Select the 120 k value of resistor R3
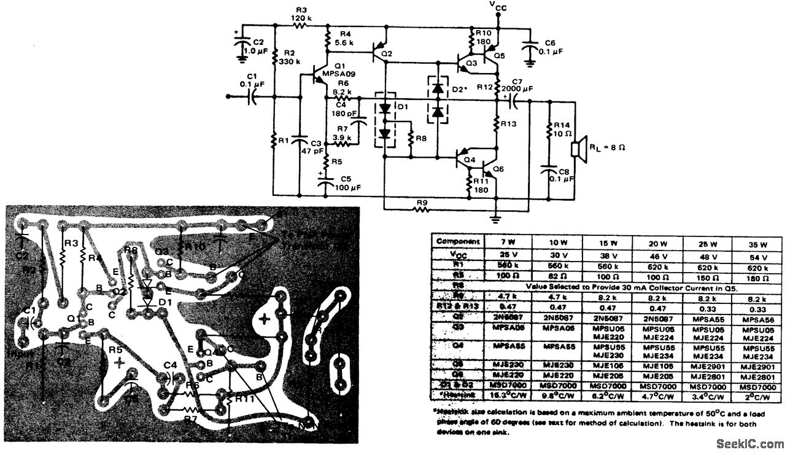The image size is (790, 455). (x=301, y=18)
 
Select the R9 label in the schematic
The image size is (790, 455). (x=421, y=201)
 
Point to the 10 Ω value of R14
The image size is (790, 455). (x=564, y=134)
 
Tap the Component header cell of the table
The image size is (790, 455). (x=457, y=241)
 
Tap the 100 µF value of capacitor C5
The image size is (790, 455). (x=347, y=187)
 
